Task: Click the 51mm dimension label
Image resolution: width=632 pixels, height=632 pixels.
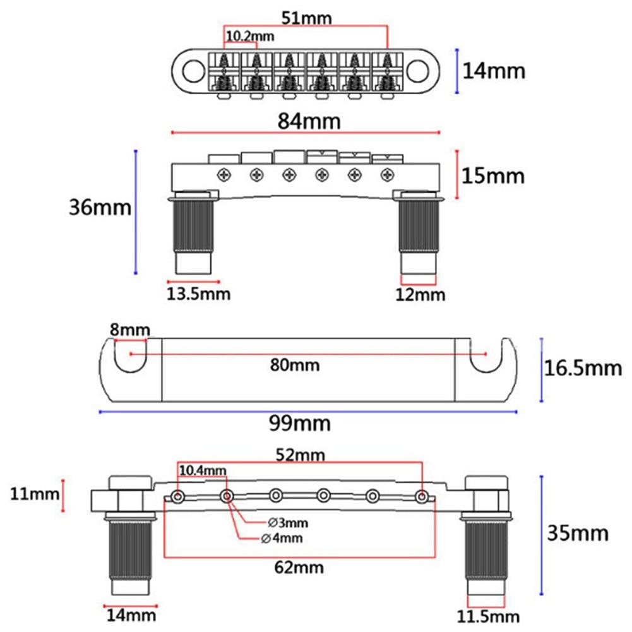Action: (306, 18)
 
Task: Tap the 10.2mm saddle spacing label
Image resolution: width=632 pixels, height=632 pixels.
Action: (250, 37)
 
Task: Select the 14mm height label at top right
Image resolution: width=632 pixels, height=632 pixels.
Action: (493, 71)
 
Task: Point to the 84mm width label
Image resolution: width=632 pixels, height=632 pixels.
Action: (306, 121)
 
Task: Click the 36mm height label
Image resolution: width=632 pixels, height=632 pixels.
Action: (101, 207)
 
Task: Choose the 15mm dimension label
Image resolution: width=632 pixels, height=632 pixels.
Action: (493, 176)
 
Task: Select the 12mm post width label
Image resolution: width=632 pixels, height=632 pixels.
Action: (420, 294)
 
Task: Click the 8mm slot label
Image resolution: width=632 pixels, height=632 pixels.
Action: (129, 329)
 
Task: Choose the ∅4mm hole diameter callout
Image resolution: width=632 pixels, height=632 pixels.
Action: (282, 538)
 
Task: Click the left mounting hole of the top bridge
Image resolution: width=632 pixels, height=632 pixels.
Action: (191, 70)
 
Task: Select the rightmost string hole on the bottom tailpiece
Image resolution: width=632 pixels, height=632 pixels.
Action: (421, 496)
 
